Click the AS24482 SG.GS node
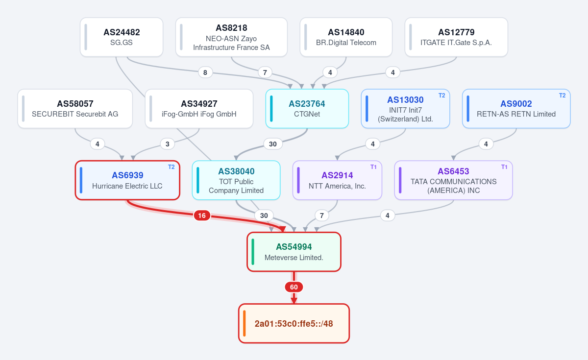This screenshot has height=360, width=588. (122, 37)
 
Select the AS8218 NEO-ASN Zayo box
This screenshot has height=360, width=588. (231, 37)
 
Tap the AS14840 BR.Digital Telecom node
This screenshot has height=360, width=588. (346, 37)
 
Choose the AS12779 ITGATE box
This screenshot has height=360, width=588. (456, 37)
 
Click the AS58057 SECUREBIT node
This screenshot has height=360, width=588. (75, 109)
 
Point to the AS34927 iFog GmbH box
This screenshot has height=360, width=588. (199, 109)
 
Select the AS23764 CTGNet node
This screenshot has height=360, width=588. (307, 109)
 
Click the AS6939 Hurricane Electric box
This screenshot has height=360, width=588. (127, 180)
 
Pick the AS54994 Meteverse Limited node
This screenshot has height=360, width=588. (294, 252)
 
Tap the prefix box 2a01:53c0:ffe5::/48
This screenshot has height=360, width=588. (294, 323)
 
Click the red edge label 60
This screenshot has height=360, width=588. (294, 287)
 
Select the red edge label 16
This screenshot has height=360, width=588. (202, 216)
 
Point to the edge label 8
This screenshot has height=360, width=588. (205, 72)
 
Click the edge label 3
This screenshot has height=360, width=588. (168, 144)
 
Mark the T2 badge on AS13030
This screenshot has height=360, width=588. (442, 96)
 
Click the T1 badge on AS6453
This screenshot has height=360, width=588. (504, 167)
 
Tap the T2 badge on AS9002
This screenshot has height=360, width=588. (563, 96)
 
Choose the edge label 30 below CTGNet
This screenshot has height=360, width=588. (273, 144)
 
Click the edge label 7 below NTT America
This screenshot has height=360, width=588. (322, 216)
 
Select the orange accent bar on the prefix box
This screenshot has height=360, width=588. (245, 323)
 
